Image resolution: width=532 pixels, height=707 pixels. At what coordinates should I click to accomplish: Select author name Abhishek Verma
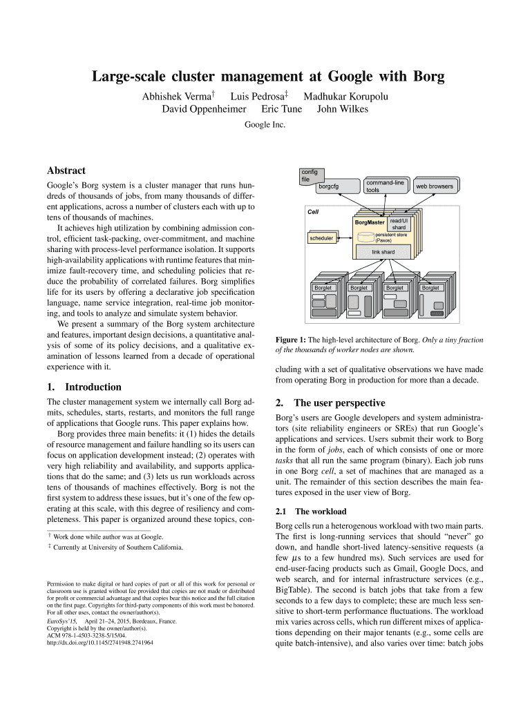[177, 95]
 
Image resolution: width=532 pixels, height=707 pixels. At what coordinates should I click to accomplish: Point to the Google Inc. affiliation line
[265, 125]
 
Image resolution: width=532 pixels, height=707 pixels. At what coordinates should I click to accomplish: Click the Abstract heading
[66, 171]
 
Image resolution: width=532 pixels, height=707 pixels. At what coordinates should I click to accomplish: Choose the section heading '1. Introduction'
[84, 387]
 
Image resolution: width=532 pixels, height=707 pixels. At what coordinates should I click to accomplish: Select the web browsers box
[434, 186]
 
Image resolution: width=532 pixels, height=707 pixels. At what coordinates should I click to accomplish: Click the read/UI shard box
[399, 224]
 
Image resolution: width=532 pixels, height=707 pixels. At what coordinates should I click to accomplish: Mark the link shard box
[383, 252]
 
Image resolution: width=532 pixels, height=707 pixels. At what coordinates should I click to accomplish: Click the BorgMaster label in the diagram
[370, 222]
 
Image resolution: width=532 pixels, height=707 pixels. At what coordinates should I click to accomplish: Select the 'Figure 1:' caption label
[290, 340]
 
